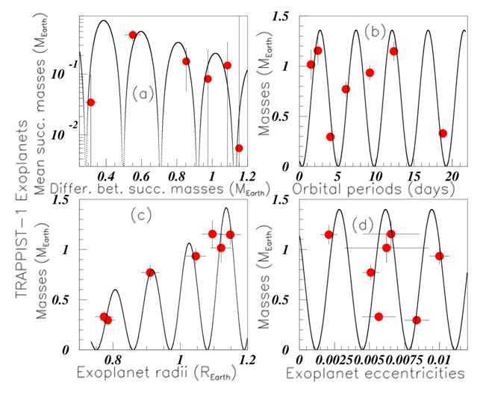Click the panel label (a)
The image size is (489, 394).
tap(143, 93)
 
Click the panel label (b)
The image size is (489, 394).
tap(375, 31)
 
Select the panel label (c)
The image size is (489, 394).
tap(142, 216)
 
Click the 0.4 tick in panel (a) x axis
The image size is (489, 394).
tap(106, 175)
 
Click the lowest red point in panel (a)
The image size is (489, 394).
tap(239, 148)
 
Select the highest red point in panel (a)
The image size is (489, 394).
tap(133, 35)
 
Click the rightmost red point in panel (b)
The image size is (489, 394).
tap(443, 134)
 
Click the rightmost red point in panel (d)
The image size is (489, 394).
tap(440, 256)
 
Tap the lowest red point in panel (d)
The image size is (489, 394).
tap(417, 320)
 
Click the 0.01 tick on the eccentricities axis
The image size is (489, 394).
tap(440, 357)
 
